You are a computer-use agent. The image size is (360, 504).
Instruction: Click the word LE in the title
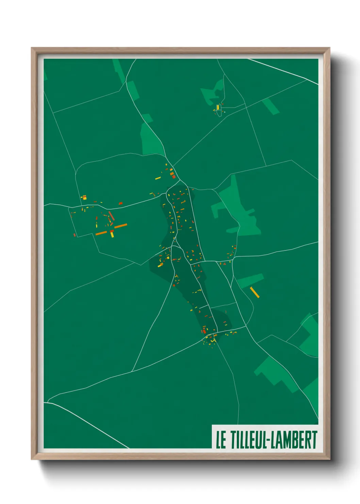[221, 440]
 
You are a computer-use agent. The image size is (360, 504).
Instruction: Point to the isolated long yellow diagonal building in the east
[255, 292]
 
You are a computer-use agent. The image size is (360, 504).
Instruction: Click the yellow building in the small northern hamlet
[218, 107]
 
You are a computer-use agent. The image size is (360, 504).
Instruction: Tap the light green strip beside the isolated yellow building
[250, 281]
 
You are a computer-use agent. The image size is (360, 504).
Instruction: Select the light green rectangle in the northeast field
[271, 106]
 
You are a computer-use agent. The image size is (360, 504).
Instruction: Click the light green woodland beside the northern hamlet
[213, 91]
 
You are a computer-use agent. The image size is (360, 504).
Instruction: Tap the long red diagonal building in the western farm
[111, 216]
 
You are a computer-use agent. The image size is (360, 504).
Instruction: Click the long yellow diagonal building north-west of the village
[158, 178]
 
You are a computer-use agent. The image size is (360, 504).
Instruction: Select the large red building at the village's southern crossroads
[204, 331]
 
